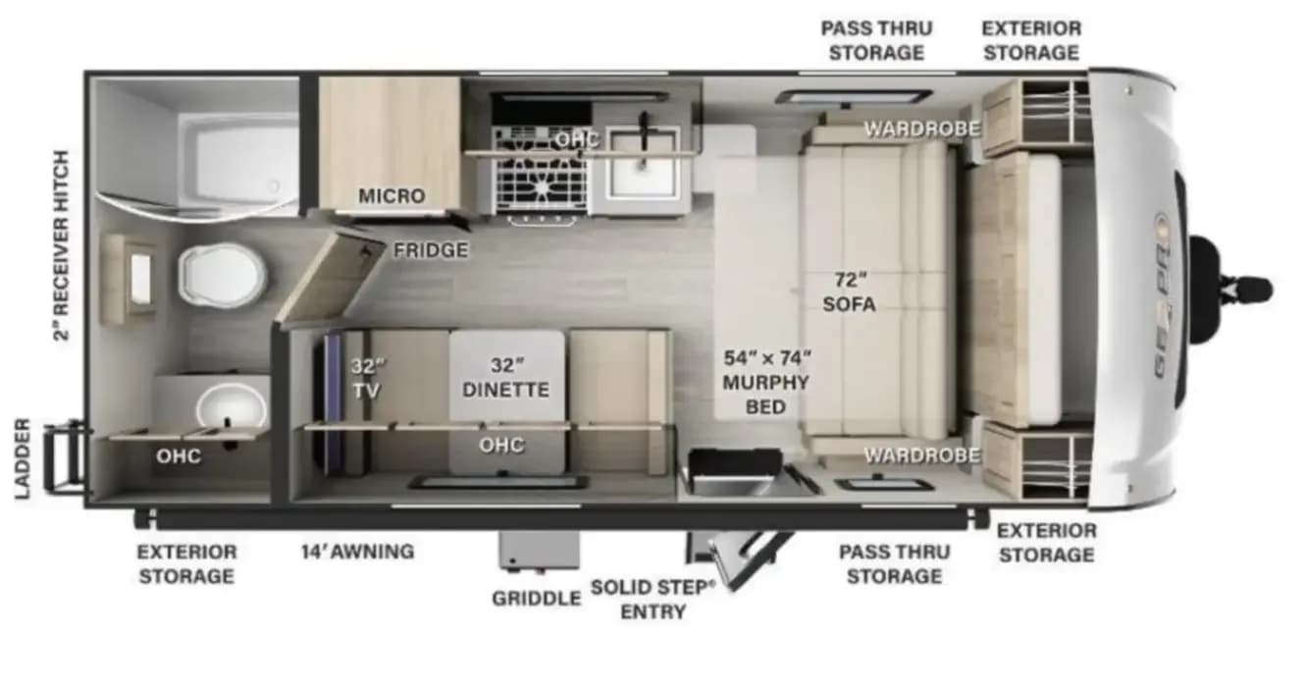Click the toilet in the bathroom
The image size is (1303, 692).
point(222,275)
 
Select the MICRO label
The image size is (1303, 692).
point(391,195)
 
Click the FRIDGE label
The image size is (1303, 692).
point(431,250)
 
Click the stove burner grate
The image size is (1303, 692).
point(540,170)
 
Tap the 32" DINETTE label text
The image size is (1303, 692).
point(505,377)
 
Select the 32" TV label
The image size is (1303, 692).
point(367,378)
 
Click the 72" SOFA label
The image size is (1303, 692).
point(850,293)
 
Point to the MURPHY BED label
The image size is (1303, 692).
point(765,394)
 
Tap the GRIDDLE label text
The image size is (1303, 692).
point(537,598)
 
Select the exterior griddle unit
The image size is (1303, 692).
point(540,550)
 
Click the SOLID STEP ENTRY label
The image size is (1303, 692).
point(653,599)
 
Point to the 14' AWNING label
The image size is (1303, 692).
point(358,552)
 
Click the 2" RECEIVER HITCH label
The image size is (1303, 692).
point(61,245)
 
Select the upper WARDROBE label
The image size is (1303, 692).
point(922,129)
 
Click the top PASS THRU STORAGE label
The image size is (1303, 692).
point(876,40)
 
